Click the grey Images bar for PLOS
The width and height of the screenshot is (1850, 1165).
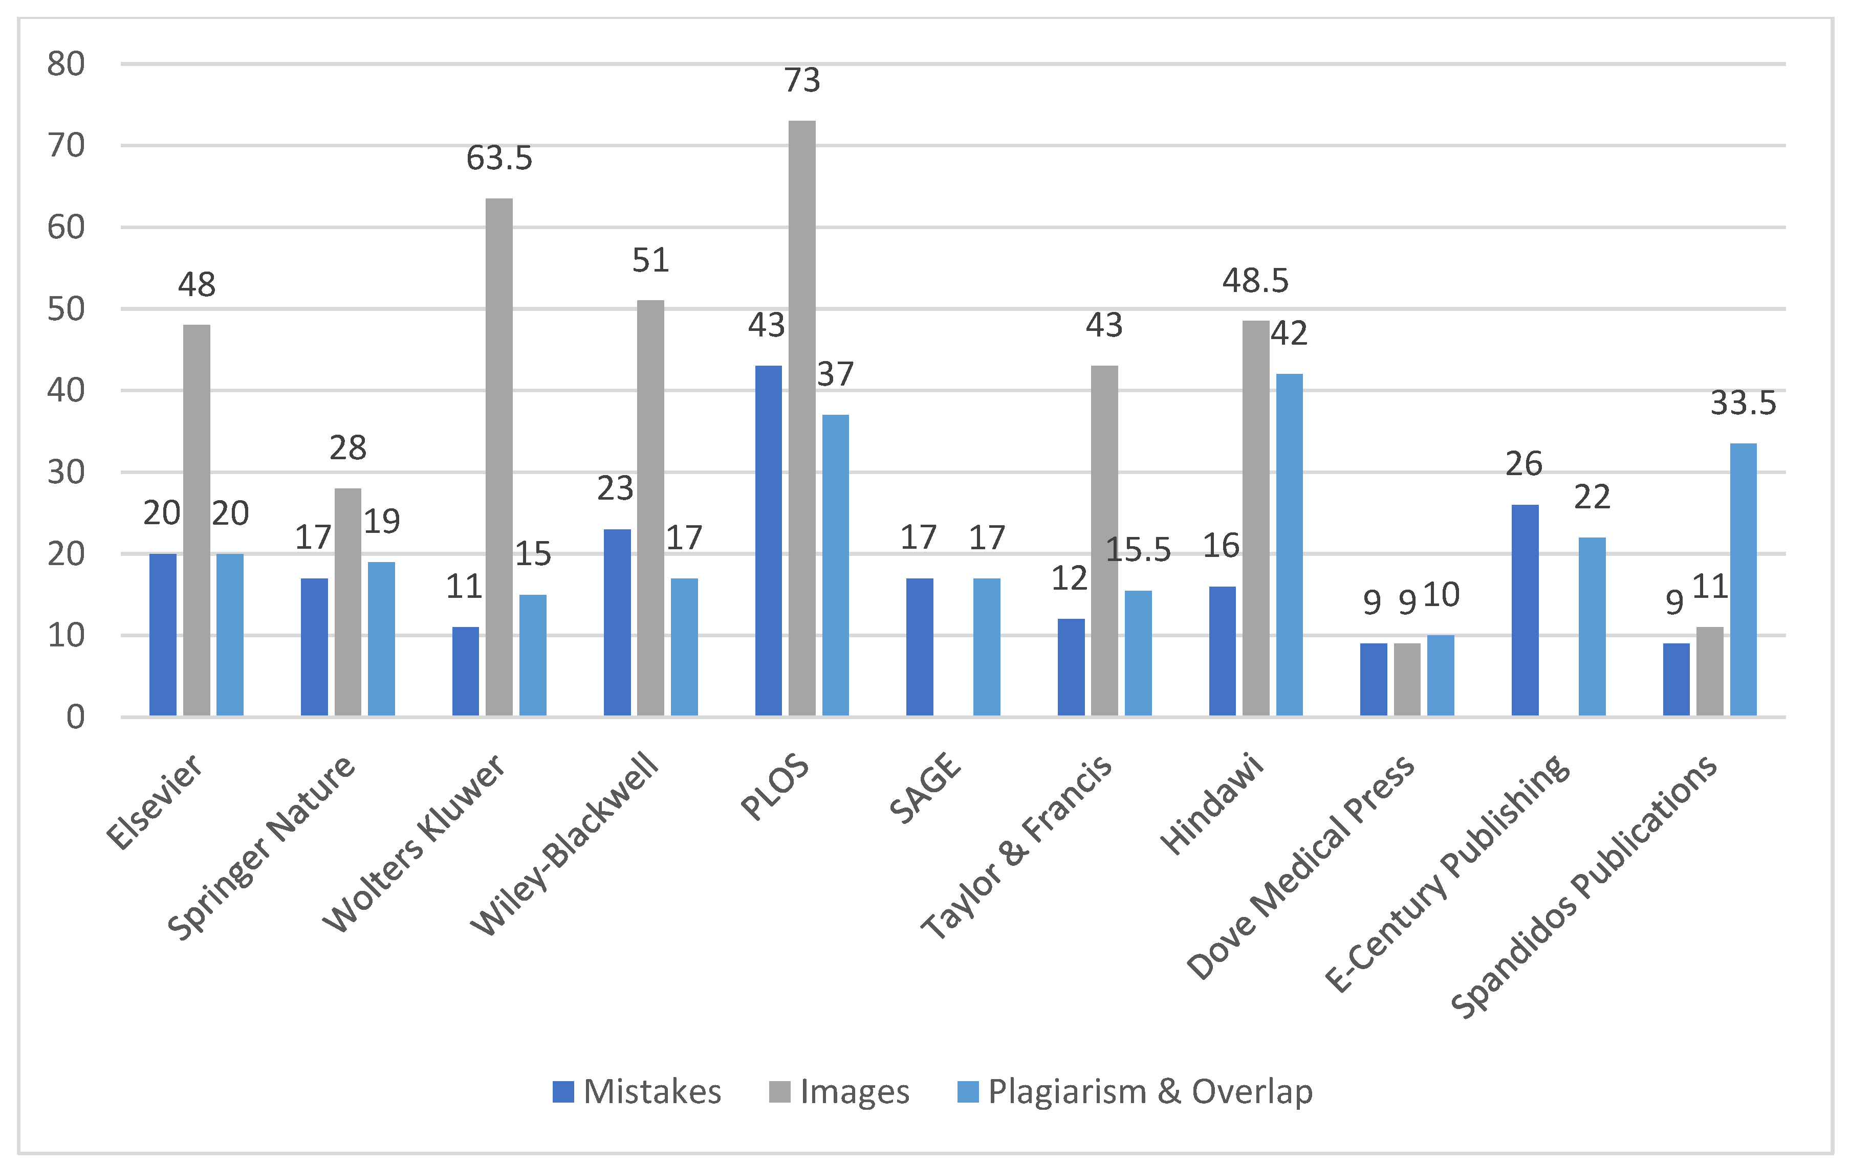pos(801,418)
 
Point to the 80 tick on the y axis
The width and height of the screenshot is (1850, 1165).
pos(66,64)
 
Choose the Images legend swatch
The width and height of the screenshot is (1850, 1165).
pos(779,1092)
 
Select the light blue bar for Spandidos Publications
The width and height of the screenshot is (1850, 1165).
pos(1743,580)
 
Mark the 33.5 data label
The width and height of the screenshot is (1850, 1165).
pos(1743,403)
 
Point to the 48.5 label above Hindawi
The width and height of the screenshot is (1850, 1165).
pos(1255,281)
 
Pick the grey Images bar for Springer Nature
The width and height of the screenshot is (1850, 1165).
pos(347,602)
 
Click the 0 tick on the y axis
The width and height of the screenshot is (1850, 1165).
pos(75,718)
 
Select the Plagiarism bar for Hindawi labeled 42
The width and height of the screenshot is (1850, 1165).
pos(1289,545)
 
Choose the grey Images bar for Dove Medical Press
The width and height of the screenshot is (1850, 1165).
pos(1407,680)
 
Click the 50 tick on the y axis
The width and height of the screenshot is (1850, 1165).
pos(66,309)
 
